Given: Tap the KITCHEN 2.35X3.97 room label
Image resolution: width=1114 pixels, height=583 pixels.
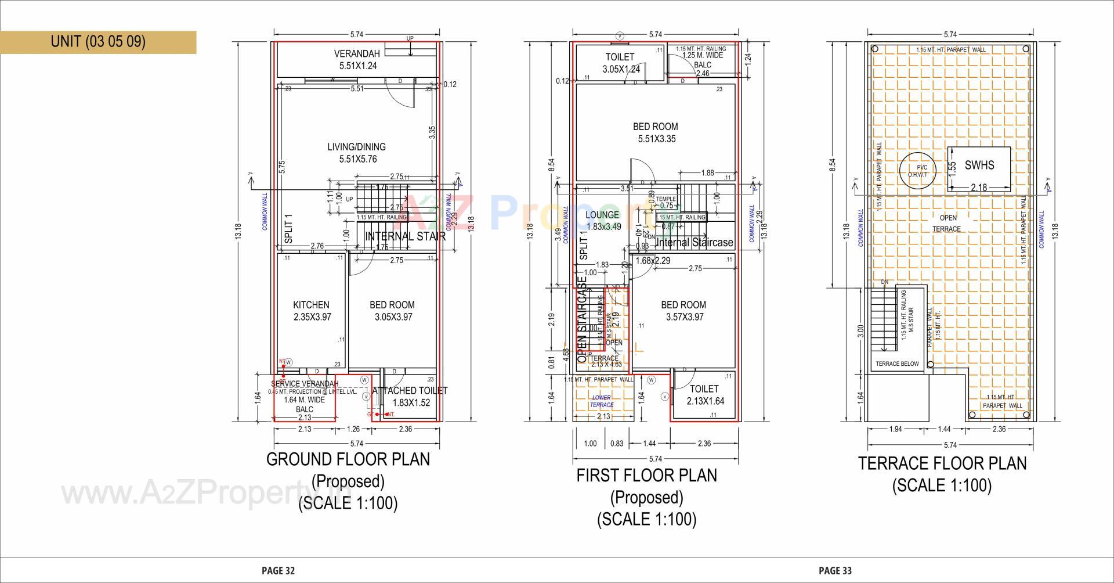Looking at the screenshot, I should click(312, 311).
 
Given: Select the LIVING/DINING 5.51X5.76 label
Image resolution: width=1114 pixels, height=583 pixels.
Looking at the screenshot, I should click(356, 153).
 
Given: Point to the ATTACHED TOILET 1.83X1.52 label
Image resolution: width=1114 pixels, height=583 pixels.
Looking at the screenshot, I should click(410, 397).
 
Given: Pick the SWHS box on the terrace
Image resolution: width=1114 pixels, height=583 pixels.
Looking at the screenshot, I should click(979, 165).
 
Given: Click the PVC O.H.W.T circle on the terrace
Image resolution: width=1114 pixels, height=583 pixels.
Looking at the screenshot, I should click(917, 171).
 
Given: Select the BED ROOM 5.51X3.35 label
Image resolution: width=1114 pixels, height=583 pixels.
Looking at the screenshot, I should click(655, 132).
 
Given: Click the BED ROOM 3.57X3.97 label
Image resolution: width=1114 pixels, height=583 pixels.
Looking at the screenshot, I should click(683, 311).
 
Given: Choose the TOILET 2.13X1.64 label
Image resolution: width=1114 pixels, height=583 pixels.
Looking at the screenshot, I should click(704, 395).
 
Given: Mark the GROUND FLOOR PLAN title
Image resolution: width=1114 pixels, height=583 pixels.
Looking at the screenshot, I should click(348, 459).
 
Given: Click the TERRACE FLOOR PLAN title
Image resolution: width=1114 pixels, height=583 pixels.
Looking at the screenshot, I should click(942, 463).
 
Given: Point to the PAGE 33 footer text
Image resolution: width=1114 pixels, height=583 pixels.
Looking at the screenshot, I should click(835, 571).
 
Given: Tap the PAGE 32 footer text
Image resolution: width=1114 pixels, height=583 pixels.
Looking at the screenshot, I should click(278, 571).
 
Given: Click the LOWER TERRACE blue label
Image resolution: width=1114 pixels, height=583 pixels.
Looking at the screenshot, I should click(602, 401).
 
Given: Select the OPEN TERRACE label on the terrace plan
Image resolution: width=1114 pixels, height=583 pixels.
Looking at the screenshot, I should click(946, 223).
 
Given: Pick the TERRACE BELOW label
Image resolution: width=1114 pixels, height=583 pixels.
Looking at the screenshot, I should click(897, 364).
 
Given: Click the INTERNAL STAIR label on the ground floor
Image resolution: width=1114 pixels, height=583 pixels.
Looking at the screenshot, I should click(405, 236).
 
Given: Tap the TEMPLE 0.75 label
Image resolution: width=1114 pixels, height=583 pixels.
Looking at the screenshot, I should click(666, 202).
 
